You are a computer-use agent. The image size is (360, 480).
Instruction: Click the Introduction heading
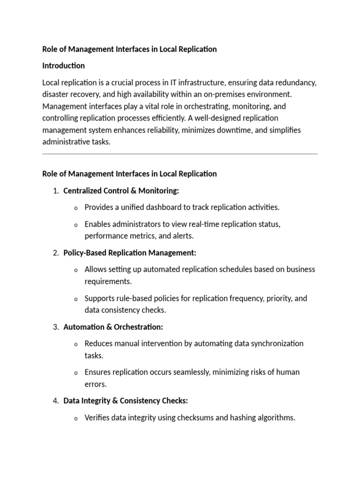(63, 65)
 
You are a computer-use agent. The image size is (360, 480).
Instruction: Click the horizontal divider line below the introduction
(180, 154)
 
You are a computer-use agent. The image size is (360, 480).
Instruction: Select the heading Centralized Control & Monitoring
(121, 191)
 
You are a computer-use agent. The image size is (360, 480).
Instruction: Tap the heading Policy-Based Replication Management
(129, 253)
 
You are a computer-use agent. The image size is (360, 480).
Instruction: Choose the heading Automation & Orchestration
(113, 327)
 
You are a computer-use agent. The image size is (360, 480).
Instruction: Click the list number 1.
(55, 191)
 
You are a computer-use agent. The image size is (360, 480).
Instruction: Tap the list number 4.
(55, 401)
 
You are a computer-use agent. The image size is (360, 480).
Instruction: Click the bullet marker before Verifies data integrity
(76, 418)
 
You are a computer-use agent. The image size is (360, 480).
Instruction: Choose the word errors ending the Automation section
(96, 384)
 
